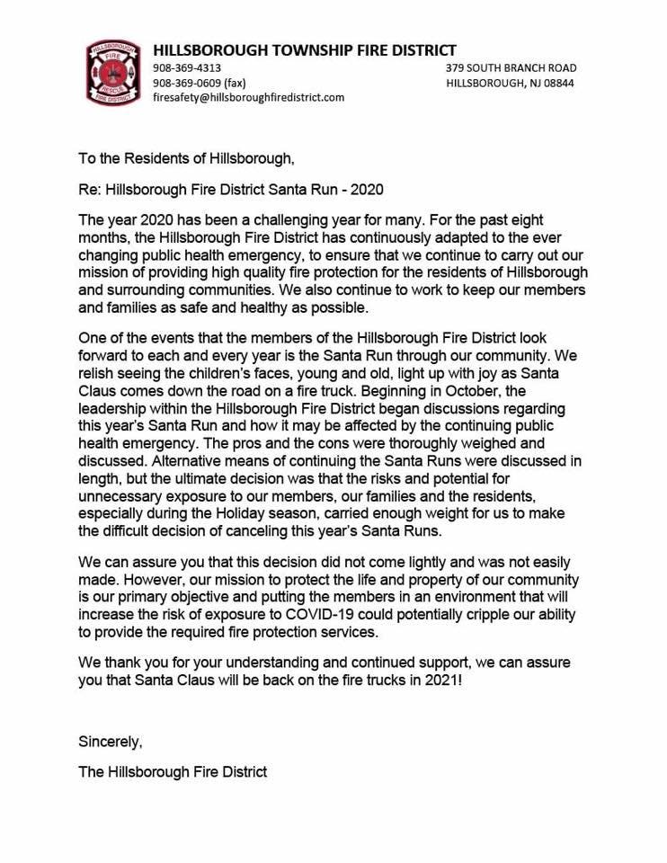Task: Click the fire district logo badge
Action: pos(113,71)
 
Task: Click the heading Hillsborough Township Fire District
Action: pos(304,50)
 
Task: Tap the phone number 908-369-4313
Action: pos(187,68)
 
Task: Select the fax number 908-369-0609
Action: pos(187,83)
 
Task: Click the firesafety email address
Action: pos(248,97)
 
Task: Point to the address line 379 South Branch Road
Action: pos(511,68)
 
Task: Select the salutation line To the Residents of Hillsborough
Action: pos(186,159)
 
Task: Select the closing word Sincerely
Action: pos(111,743)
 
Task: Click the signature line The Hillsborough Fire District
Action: pos(173,771)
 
